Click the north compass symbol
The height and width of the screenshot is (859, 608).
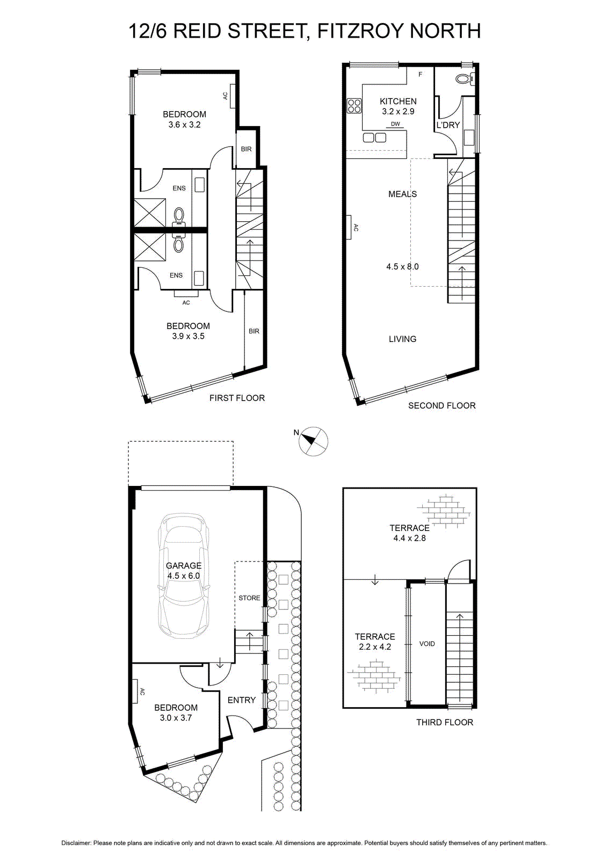point(313,441)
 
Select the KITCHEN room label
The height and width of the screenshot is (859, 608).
point(398,101)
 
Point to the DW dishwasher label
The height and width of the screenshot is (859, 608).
point(395,124)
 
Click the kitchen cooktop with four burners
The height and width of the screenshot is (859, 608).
point(354,106)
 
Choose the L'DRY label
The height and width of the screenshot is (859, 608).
point(448,125)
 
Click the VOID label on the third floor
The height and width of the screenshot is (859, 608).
point(427,644)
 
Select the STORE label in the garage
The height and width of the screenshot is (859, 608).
point(249,598)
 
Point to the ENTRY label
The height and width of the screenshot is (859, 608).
point(242,700)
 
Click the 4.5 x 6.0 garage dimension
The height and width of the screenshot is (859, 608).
point(184,576)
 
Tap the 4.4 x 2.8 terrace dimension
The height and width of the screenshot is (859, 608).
point(410,538)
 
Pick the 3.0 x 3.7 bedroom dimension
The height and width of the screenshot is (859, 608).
point(176,717)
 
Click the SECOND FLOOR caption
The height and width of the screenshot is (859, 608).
point(442,405)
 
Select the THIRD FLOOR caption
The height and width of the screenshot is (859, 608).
point(445,722)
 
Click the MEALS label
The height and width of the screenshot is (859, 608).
point(402,194)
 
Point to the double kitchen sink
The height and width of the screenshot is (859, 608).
point(375,137)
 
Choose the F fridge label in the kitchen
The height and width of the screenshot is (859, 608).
point(421,75)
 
